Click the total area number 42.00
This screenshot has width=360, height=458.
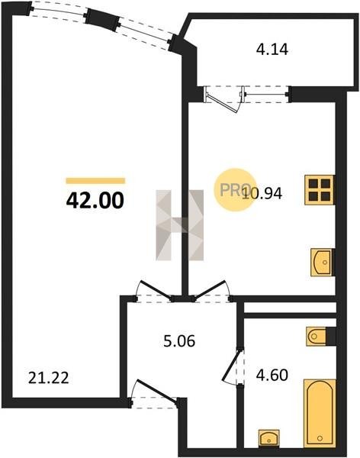coord(95,201)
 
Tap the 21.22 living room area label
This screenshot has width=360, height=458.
coord(49,379)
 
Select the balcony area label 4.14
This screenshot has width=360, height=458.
coord(272,50)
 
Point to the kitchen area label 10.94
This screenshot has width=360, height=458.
coord(262,193)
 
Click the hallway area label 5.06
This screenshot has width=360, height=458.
coord(179,341)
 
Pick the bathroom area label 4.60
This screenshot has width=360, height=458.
coord(272,375)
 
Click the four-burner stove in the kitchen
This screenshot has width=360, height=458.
coord(320,190)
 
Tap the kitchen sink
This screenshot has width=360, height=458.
coord(322,262)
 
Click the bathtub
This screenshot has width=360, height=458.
coord(320,413)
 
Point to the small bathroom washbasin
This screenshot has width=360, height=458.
coord(269,438)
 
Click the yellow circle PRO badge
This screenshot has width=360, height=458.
coord(235,189)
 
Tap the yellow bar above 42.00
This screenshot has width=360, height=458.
coord(95,181)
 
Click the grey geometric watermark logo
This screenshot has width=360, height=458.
coord(179,225)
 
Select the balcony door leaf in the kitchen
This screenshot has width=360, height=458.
coord(222,102)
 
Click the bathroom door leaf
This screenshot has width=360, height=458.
coord(232,365)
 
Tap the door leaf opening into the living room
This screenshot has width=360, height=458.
coord(156,290)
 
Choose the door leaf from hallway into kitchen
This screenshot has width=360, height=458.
coord(210,289)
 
